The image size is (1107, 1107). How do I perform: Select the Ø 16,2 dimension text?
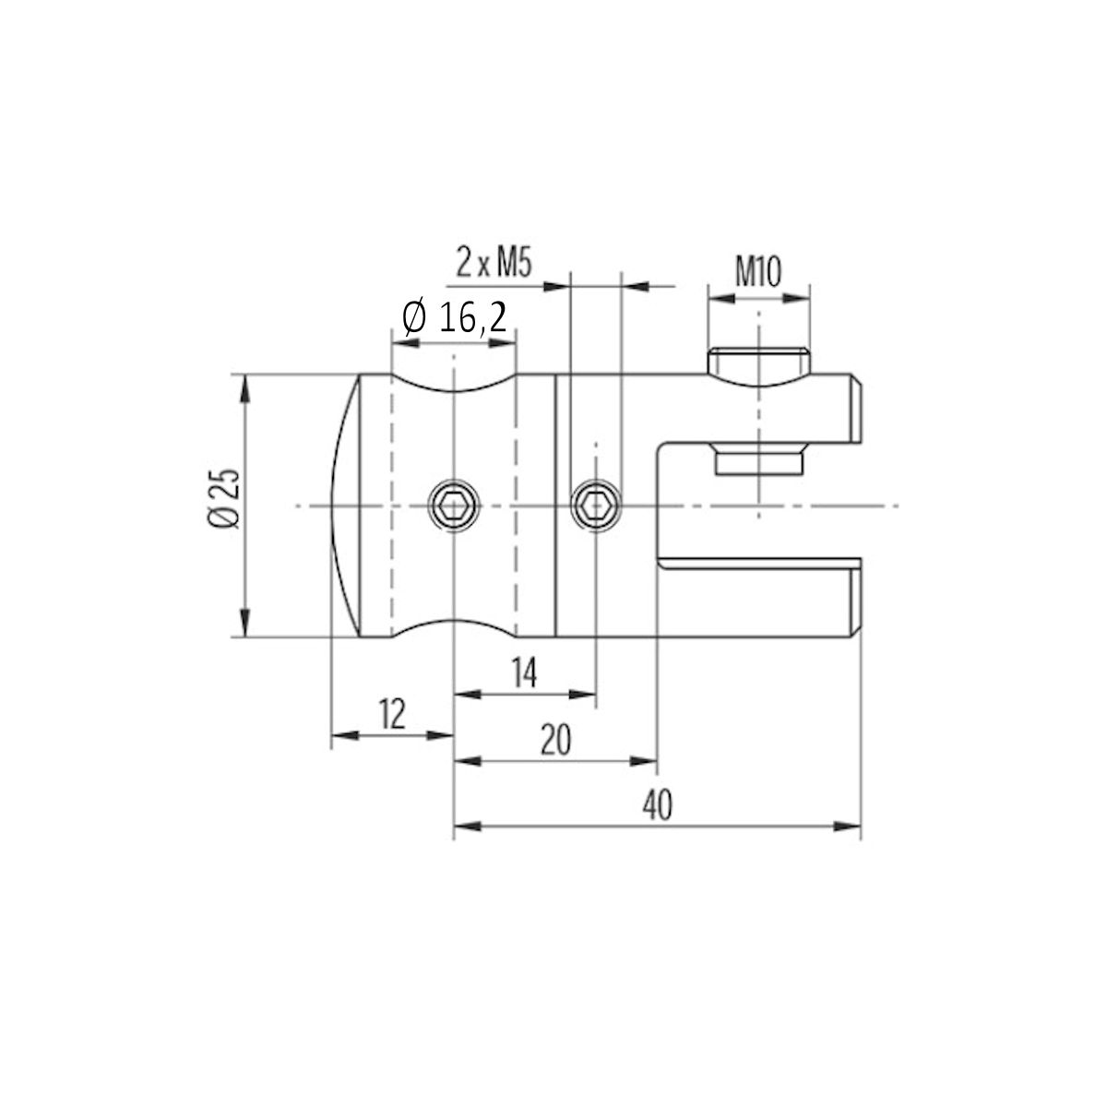pos(455,318)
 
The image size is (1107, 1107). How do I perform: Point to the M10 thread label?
pos(758,271)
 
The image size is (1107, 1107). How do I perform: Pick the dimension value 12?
pos(392,715)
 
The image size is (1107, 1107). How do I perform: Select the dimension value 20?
pos(555,741)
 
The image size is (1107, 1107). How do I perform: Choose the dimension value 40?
pos(657,805)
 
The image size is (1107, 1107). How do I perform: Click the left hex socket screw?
pos(453,506)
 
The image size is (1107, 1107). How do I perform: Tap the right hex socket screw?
pos(595,506)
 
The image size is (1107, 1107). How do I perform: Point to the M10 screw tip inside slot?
pos(758,460)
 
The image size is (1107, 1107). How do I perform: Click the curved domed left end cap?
pos(344,506)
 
